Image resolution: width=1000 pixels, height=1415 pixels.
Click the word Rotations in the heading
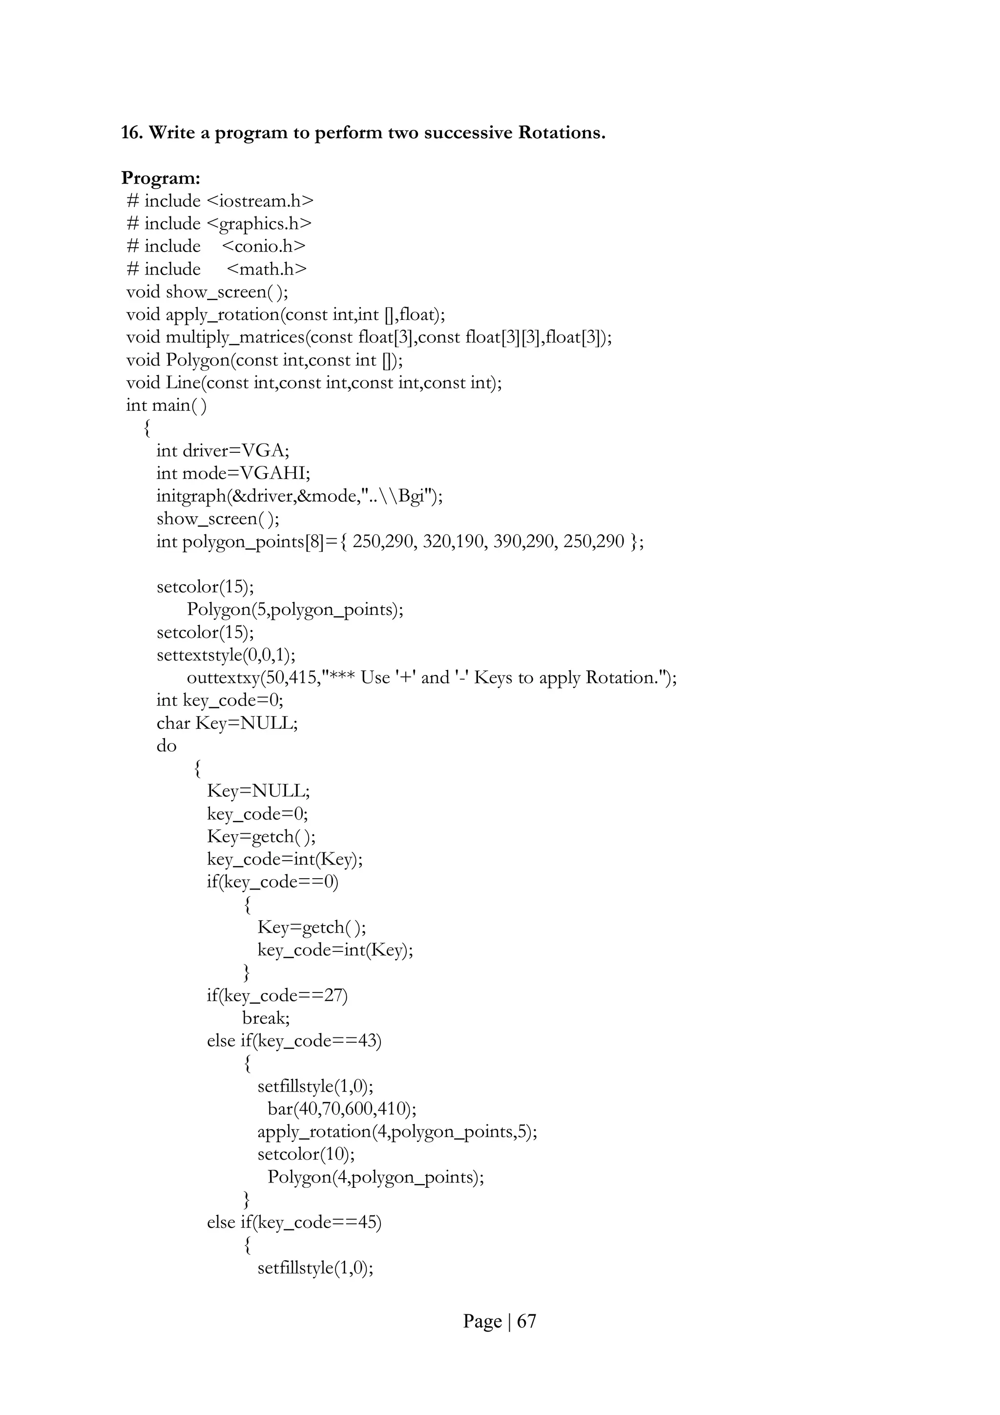point(562,132)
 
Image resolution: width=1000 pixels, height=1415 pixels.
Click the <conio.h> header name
point(263,247)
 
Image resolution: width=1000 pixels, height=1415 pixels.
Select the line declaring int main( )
point(167,405)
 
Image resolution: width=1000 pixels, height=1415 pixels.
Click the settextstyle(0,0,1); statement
point(226,655)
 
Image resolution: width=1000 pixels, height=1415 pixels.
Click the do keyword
point(167,746)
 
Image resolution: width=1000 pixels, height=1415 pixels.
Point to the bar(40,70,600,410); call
point(342,1109)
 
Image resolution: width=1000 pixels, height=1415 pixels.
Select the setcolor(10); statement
point(306,1154)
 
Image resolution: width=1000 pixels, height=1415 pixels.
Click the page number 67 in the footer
point(526,1321)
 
